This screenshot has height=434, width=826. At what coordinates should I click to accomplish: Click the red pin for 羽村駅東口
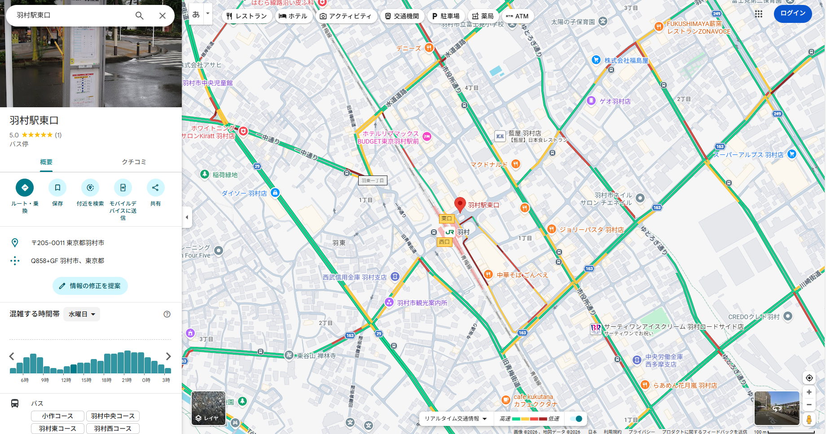(x=460, y=204)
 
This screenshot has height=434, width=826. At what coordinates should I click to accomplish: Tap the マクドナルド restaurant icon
(x=516, y=164)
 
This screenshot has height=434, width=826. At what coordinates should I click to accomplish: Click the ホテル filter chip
(x=293, y=16)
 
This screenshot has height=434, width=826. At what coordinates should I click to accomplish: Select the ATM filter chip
(x=517, y=16)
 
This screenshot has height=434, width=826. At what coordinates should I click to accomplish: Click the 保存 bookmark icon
(x=57, y=188)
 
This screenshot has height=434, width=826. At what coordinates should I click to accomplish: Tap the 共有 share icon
(x=155, y=188)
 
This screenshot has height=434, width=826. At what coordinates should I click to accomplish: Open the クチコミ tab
(x=134, y=162)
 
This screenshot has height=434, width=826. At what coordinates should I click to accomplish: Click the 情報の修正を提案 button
(x=90, y=286)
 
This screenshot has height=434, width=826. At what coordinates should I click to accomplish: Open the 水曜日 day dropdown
(x=82, y=314)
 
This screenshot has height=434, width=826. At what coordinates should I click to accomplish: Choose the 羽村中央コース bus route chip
(x=113, y=416)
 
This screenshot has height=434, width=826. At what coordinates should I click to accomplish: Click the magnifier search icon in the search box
(x=140, y=16)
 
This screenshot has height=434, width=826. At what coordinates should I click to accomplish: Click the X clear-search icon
(x=163, y=16)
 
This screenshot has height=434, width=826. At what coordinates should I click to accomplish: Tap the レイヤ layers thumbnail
(x=208, y=408)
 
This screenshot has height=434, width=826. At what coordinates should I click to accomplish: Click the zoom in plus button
(x=809, y=392)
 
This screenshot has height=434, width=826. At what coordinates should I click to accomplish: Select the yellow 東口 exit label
(x=447, y=219)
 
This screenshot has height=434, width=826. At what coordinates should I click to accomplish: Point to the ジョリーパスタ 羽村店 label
(x=591, y=230)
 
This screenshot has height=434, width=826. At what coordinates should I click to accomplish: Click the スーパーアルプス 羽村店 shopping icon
(x=792, y=154)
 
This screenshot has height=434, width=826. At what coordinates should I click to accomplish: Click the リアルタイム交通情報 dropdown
(x=456, y=419)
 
